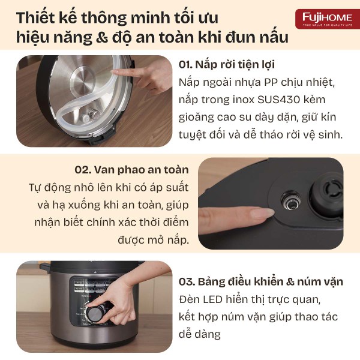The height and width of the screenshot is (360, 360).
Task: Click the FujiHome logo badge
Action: coord(328,19)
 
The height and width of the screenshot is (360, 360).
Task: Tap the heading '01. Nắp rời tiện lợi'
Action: coord(227,65)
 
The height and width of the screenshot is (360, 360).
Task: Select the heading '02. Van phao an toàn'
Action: coord(131,170)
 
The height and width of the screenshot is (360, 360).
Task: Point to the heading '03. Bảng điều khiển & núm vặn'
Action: coord(261,282)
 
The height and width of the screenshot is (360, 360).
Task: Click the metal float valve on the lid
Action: coord(291,200)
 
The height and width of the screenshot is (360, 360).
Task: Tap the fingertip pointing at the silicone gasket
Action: coord(115,72)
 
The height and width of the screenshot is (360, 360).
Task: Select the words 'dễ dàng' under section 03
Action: coord(200,334)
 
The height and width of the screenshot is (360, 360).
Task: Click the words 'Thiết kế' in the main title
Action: coord(46,17)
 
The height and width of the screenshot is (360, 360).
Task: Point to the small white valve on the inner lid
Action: coord(86,118)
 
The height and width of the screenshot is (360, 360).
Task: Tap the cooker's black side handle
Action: coord(46,268)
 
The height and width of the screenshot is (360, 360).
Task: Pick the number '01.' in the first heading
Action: coord(185,65)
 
